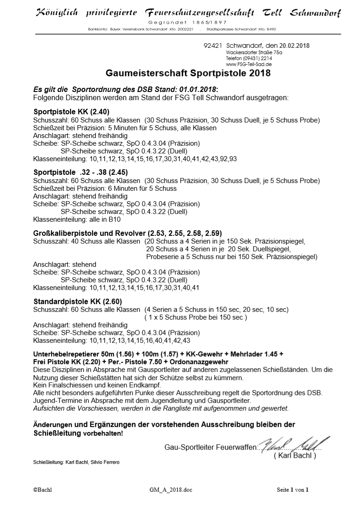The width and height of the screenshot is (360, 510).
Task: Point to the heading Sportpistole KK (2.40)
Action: [x=72, y=112]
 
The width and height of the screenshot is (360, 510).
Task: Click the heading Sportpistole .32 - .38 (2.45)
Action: [x=81, y=173]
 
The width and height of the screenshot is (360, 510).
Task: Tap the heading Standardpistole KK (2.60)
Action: [x=77, y=301]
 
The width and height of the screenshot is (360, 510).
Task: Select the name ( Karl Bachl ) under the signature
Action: [x=294, y=455]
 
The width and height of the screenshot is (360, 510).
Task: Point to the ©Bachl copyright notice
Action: [x=42, y=490]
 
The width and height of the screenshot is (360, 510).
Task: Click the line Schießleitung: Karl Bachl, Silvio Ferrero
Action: [x=77, y=463]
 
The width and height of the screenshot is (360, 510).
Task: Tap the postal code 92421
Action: [x=212, y=46]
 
